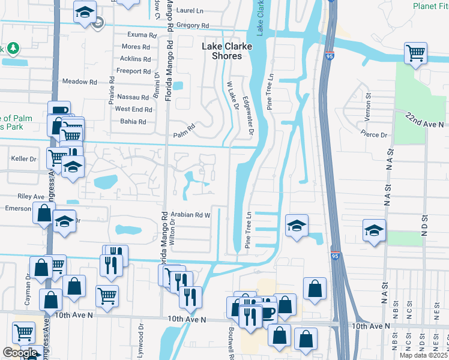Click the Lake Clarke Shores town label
point(221,51)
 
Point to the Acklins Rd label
point(135,59)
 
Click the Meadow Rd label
point(79,82)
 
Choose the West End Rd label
point(133,109)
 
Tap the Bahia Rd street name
point(133,121)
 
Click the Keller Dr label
point(23,159)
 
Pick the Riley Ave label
point(31,196)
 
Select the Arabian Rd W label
point(190,214)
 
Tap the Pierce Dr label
point(374,135)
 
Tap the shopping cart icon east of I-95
point(415,53)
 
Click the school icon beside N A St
point(374,230)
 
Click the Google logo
point(20,353)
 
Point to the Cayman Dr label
point(27,287)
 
